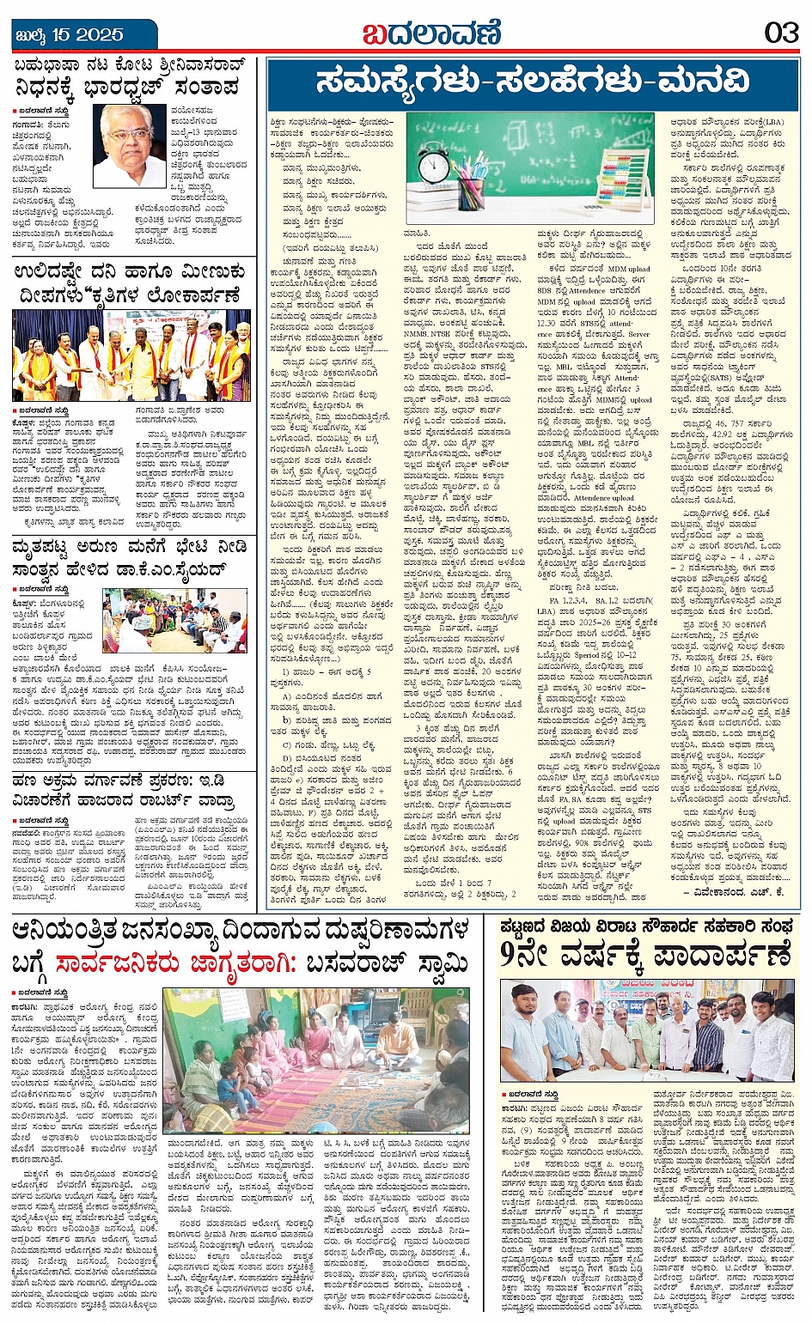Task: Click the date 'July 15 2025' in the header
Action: click(x=70, y=35)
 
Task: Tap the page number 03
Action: click(x=781, y=33)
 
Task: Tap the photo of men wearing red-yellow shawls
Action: click(x=131, y=355)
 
